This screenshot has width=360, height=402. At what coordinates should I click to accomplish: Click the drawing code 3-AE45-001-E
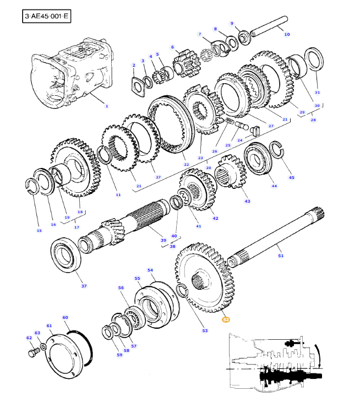(46, 16)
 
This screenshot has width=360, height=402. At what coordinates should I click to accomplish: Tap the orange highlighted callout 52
(226, 319)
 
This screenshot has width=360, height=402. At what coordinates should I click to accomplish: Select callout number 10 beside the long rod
(287, 34)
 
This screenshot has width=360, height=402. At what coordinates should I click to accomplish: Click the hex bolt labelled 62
(34, 352)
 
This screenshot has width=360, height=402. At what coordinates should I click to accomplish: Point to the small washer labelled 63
(43, 347)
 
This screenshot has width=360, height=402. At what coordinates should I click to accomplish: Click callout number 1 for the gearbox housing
(107, 106)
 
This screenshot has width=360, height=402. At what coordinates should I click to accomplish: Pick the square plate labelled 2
(139, 87)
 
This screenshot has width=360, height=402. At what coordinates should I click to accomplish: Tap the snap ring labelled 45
(277, 150)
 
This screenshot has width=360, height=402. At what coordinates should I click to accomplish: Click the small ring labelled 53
(182, 291)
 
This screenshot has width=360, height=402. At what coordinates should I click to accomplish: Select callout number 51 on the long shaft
(281, 256)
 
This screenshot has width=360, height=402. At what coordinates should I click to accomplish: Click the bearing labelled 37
(66, 254)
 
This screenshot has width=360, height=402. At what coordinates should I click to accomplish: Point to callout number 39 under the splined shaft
(163, 240)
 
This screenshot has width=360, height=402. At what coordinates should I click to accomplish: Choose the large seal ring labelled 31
(314, 59)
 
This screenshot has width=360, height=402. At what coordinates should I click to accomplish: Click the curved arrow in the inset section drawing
(318, 356)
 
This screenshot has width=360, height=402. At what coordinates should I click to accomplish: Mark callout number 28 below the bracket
(313, 119)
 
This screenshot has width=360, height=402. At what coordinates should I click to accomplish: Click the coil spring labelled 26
(229, 121)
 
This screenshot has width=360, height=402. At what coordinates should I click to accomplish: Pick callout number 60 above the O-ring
(66, 317)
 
